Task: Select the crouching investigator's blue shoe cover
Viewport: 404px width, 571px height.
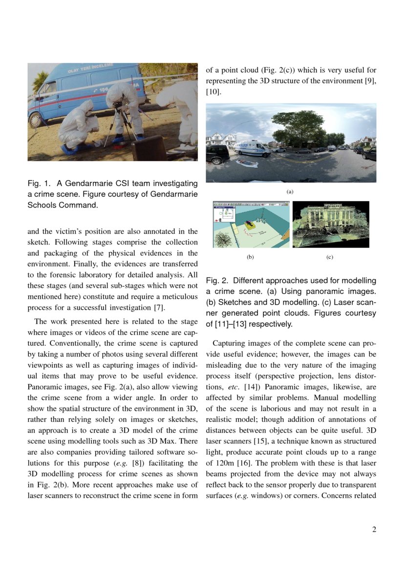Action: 67,148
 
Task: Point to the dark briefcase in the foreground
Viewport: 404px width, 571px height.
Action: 149,148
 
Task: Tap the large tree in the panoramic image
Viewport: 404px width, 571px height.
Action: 298,128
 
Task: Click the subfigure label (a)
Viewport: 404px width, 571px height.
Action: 290,192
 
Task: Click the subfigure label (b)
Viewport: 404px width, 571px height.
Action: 250,257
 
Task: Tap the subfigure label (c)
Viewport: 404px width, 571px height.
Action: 330,257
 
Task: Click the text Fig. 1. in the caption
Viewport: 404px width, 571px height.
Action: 39,184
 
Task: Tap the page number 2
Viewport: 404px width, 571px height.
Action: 374,529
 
